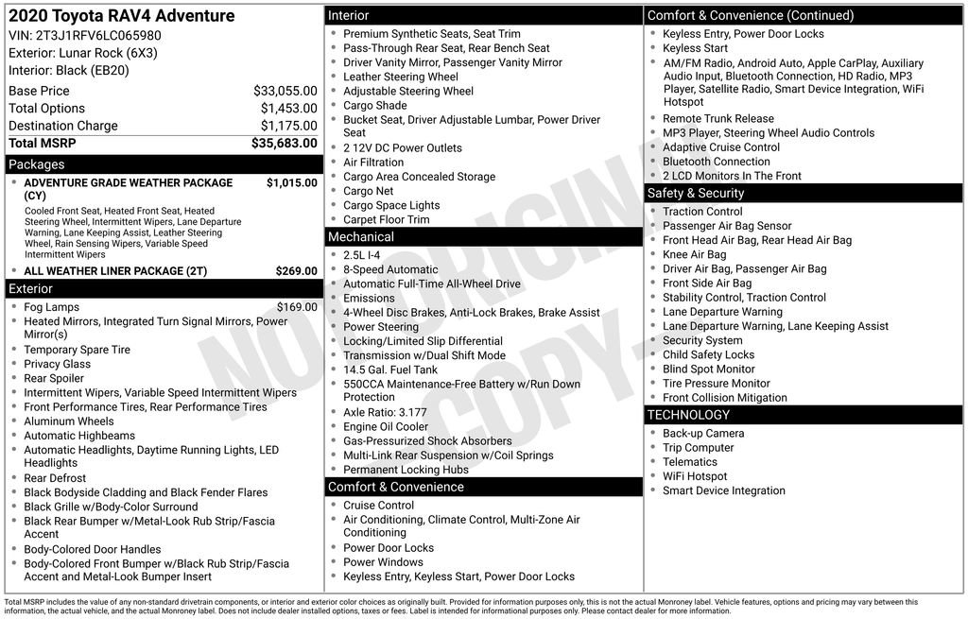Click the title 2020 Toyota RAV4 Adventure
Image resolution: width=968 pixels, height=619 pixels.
[122, 16]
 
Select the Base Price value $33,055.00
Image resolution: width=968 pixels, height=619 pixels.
[285, 91]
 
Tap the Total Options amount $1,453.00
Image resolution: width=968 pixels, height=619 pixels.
[288, 108]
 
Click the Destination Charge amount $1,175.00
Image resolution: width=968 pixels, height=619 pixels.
[288, 126]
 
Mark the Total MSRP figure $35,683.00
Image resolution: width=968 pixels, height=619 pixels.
[284, 144]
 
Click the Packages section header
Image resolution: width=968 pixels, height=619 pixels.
[37, 164]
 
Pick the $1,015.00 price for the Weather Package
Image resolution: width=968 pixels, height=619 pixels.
[291, 182]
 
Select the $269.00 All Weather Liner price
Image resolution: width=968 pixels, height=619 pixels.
[296, 271]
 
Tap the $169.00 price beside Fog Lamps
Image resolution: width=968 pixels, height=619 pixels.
[297, 307]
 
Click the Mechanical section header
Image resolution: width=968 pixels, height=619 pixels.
[360, 236]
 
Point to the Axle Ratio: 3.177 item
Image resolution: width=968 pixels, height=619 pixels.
[385, 412]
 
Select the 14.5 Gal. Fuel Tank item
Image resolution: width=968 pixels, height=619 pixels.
[390, 370]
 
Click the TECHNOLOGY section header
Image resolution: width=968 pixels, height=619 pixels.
[688, 415]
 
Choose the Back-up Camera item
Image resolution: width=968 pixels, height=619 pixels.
[703, 434]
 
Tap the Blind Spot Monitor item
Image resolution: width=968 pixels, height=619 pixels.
[709, 369]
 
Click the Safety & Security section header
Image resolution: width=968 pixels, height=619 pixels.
[696, 193]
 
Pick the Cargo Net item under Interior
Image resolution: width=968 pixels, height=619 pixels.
[369, 191]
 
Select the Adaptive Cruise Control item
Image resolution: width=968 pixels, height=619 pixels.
[721, 147]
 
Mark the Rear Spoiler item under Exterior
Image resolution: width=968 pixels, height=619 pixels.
[54, 378]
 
